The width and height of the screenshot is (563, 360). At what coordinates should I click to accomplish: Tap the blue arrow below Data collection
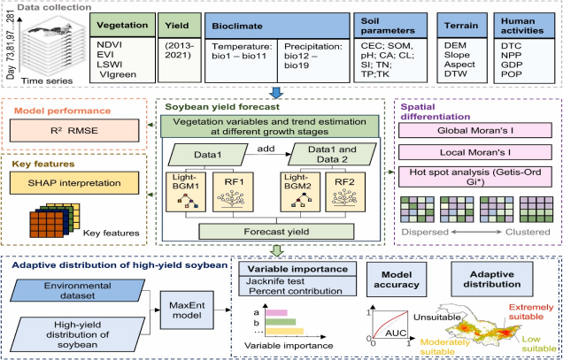click(x=278, y=92)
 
